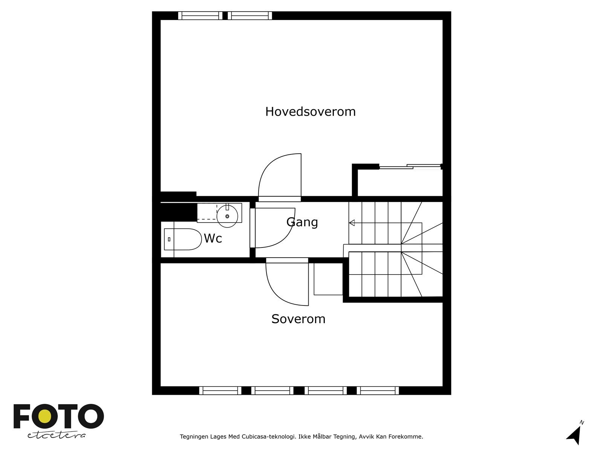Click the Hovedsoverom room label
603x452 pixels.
(310, 111)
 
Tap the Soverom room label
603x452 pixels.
(298, 319)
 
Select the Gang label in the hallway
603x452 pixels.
(302, 222)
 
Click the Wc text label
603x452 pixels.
(213, 238)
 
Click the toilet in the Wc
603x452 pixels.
(183, 239)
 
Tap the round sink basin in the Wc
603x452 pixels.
(227, 216)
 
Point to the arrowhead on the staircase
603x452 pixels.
(352, 223)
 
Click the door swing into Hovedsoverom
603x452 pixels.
(280, 175)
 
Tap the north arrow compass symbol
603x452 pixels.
(574, 434)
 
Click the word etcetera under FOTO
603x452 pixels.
(57, 435)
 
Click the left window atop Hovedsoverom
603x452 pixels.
(200, 15)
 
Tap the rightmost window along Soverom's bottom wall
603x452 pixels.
(378, 391)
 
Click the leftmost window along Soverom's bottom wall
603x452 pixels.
(220, 391)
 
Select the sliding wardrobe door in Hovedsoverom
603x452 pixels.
(410, 166)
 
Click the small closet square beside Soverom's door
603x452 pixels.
(328, 279)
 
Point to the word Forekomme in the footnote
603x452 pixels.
(408, 437)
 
